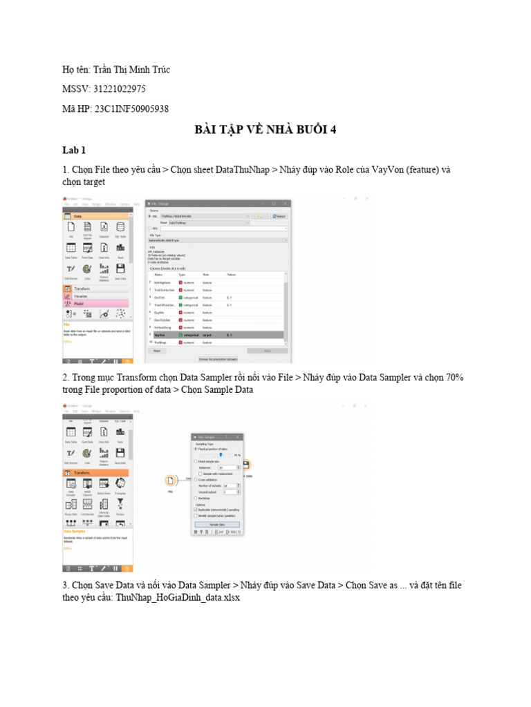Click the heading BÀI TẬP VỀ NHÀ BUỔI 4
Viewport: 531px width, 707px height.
coord(265,130)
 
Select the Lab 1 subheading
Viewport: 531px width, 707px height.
coord(73,149)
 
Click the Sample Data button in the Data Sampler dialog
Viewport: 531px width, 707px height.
coord(217,525)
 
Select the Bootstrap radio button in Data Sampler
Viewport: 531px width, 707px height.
coord(196,497)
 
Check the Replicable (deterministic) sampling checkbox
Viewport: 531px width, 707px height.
coord(196,510)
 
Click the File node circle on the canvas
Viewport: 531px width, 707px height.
coord(170,481)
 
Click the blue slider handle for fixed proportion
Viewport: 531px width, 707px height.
coord(220,455)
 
